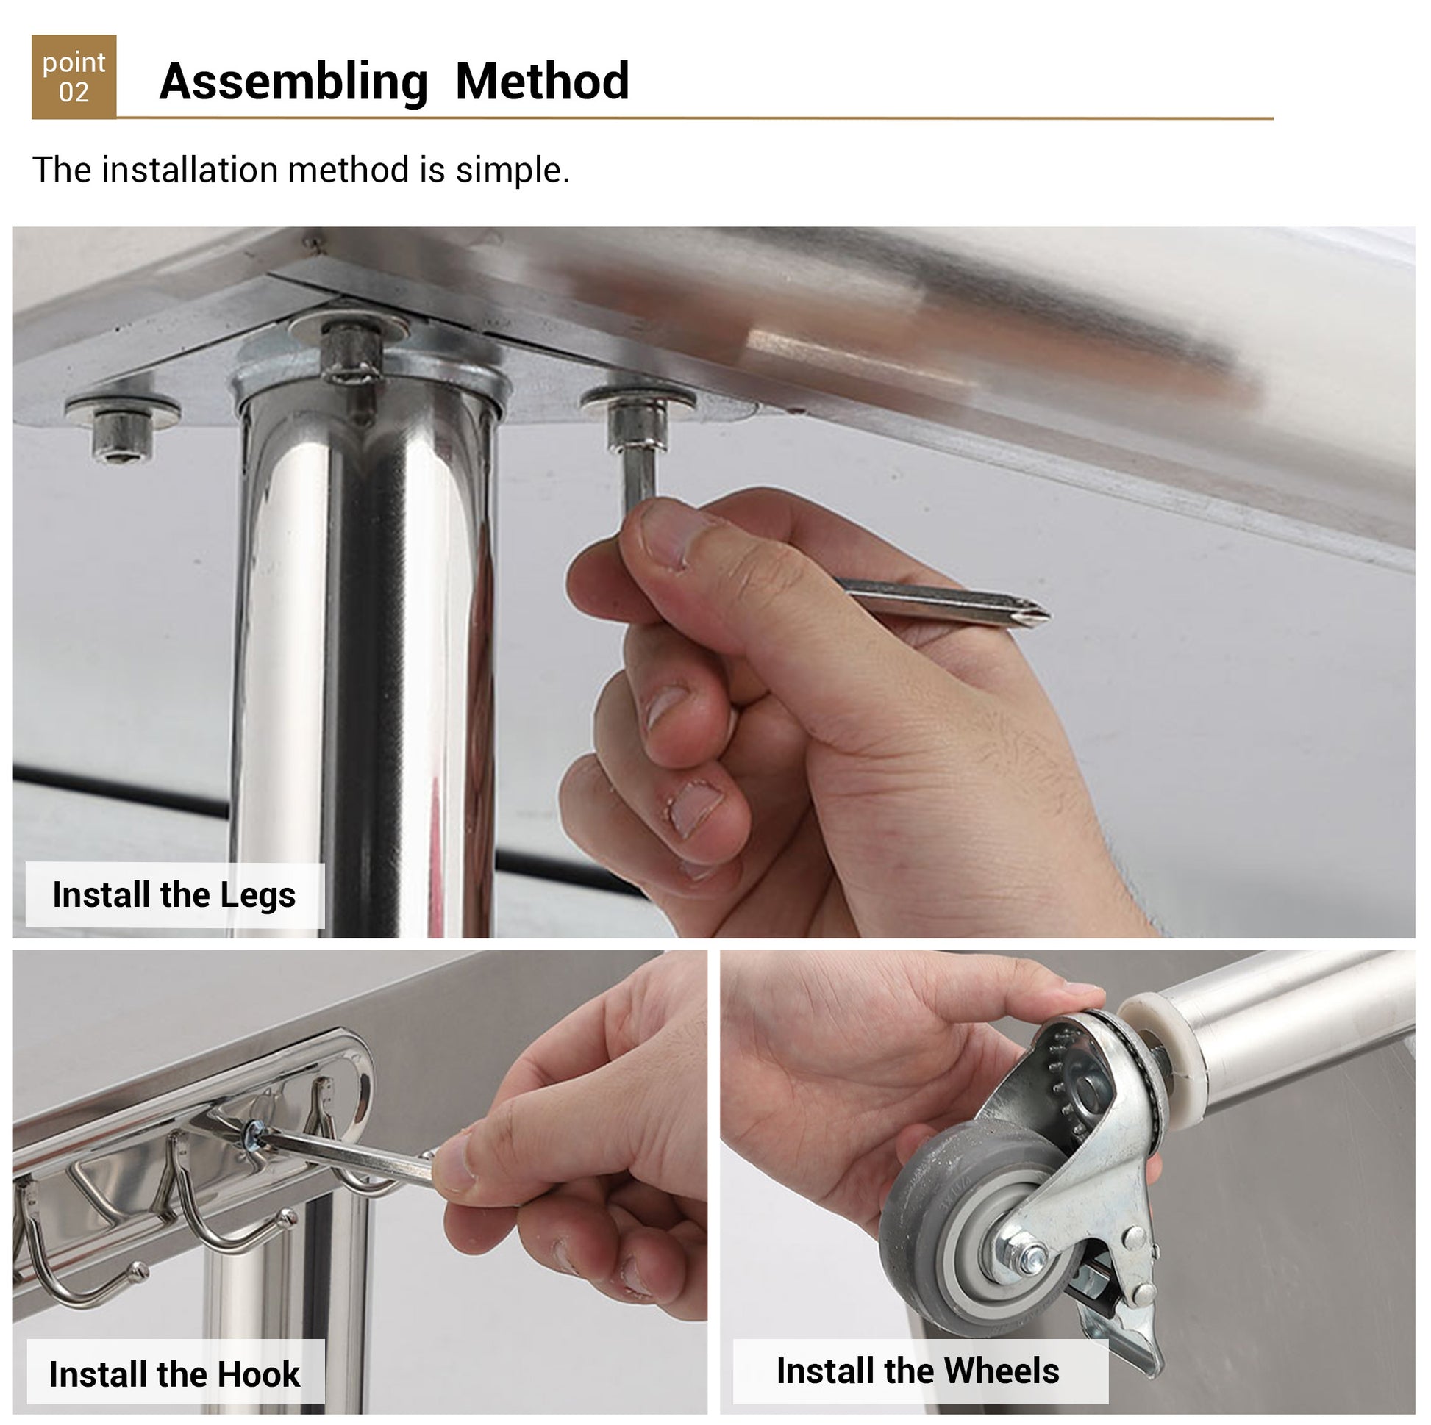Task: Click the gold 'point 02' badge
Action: pos(74,76)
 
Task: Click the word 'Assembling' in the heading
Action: pos(294,82)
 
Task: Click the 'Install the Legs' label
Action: pos(175,895)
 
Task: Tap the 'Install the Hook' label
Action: pos(175,1375)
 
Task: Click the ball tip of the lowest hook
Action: pos(138,1271)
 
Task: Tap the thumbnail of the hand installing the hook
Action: pos(571,1155)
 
